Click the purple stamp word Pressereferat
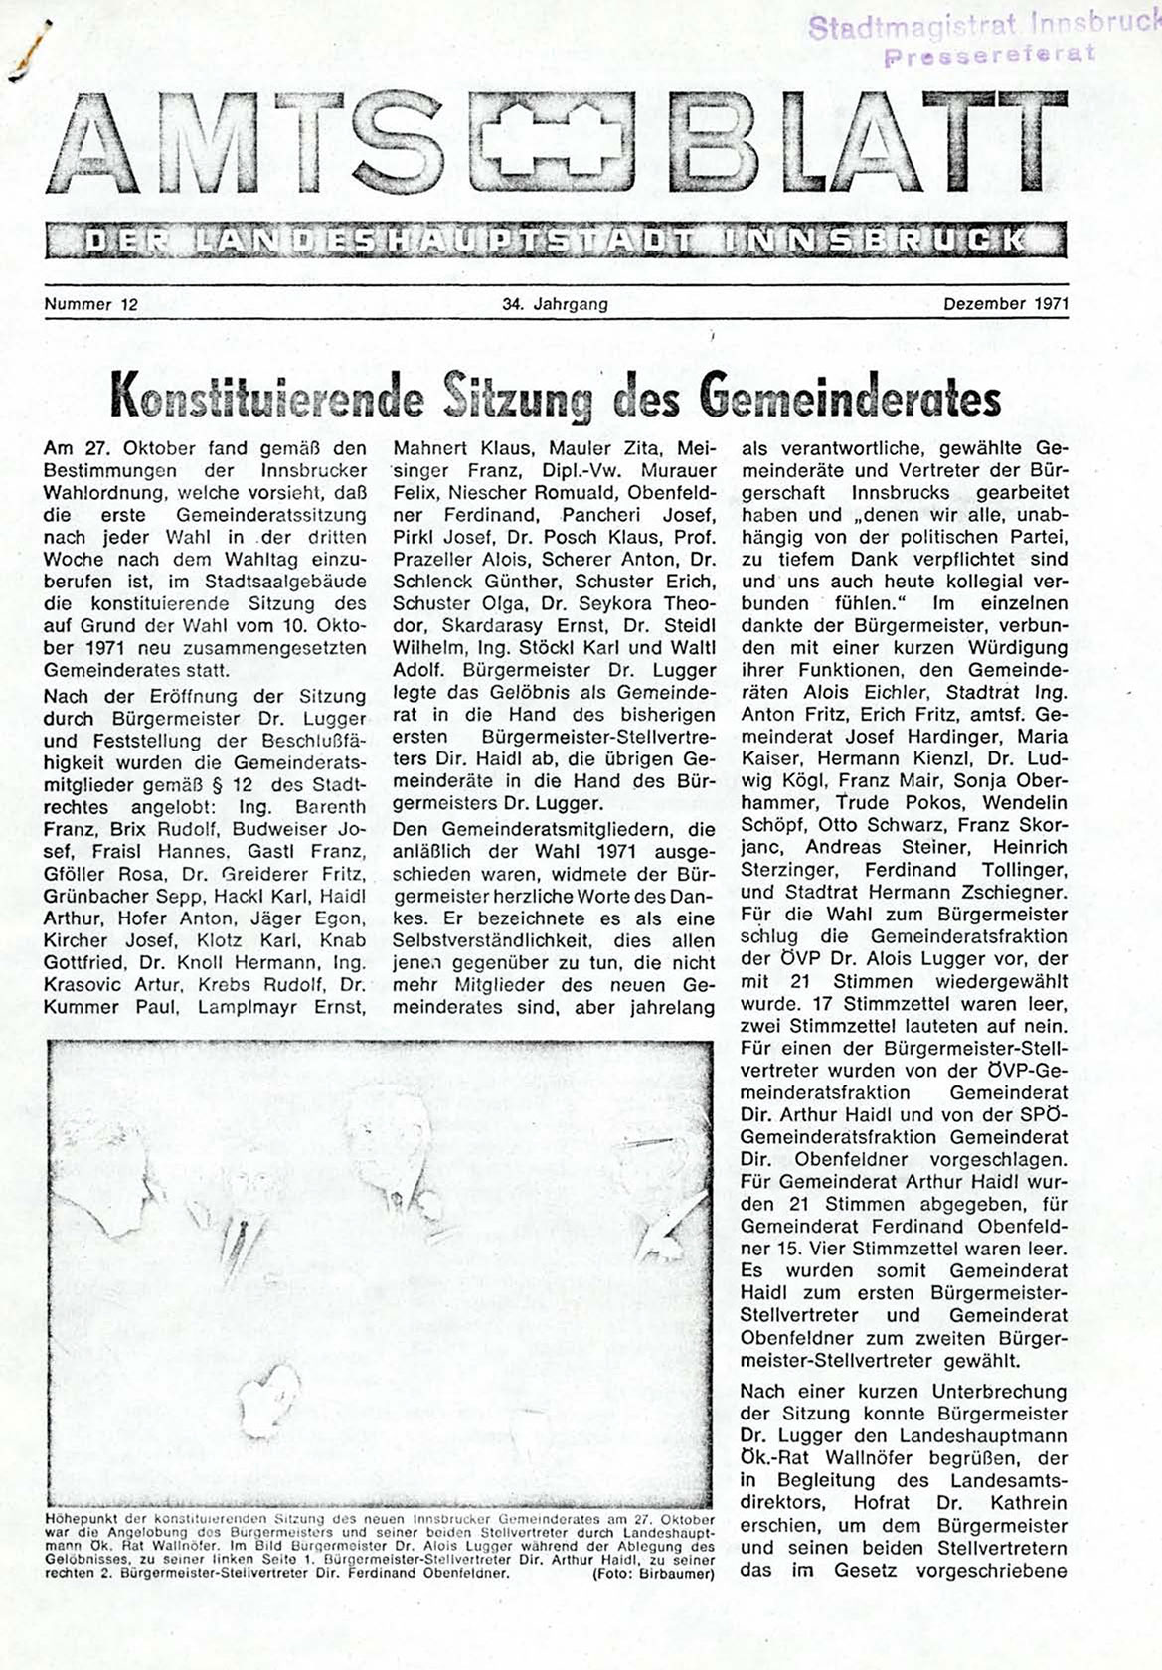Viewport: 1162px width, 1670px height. pos(989,54)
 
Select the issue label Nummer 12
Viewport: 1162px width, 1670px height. pos(90,304)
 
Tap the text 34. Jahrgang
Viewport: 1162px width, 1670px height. pos(556,304)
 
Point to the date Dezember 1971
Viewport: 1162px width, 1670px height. pos(1005,304)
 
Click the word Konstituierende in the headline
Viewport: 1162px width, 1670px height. pos(267,396)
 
